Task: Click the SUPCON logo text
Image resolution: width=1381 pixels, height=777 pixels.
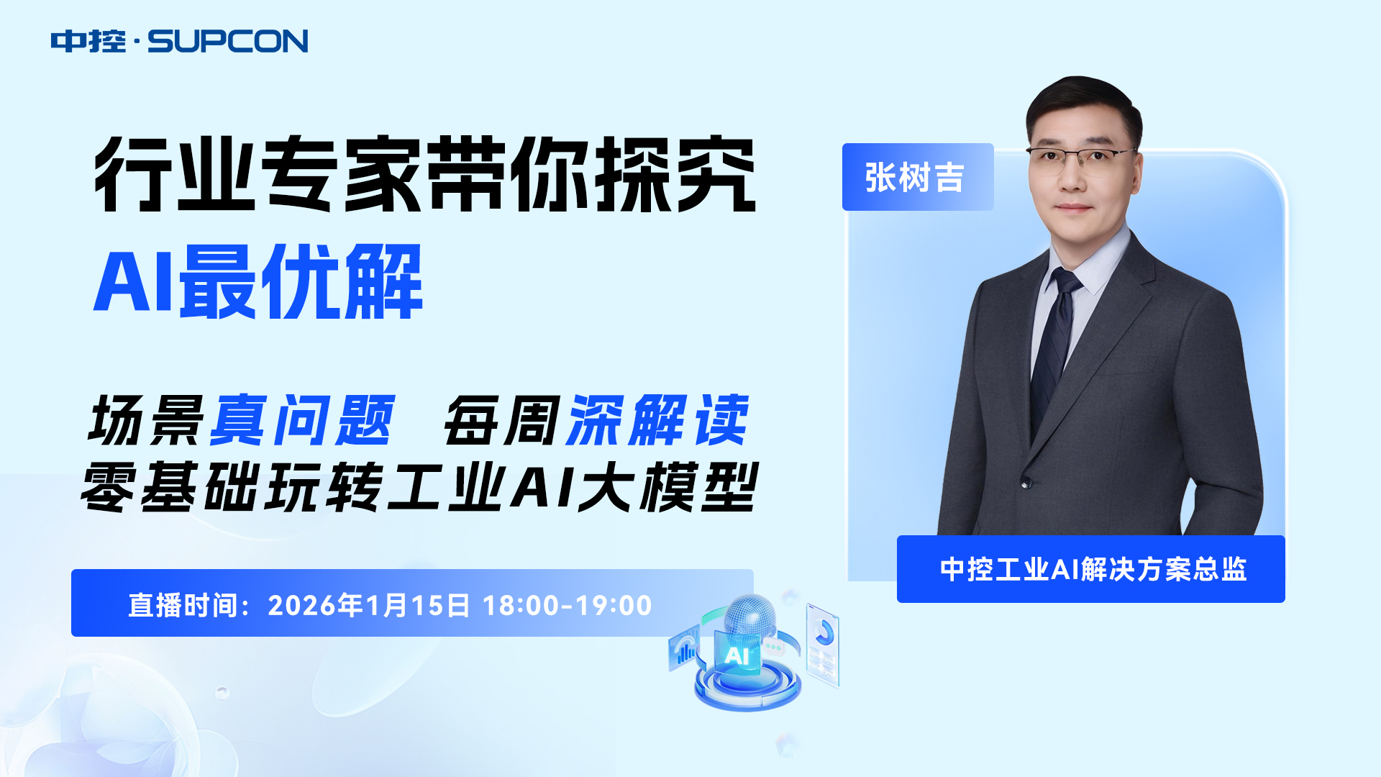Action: pyautogui.click(x=227, y=41)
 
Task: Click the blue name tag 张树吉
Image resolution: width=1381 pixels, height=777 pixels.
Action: pyautogui.click(x=918, y=177)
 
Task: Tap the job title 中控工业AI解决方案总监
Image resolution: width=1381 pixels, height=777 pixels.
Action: pyautogui.click(x=1093, y=569)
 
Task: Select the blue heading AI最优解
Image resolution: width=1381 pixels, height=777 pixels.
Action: pyautogui.click(x=258, y=281)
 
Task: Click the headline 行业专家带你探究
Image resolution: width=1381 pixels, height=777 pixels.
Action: pyautogui.click(x=425, y=174)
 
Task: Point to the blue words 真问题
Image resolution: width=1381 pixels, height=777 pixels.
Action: pyautogui.click(x=303, y=420)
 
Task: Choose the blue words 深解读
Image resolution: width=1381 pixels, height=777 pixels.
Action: pyautogui.click(x=658, y=420)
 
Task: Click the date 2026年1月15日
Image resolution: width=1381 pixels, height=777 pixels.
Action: pyautogui.click(x=369, y=605)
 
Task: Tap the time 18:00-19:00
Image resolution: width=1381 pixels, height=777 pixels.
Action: pyautogui.click(x=568, y=605)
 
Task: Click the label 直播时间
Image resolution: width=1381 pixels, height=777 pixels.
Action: pyautogui.click(x=183, y=605)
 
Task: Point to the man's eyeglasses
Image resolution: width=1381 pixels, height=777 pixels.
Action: pyautogui.click(x=1082, y=160)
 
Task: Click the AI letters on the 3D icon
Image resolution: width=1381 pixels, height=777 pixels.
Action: pyautogui.click(x=737, y=655)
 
